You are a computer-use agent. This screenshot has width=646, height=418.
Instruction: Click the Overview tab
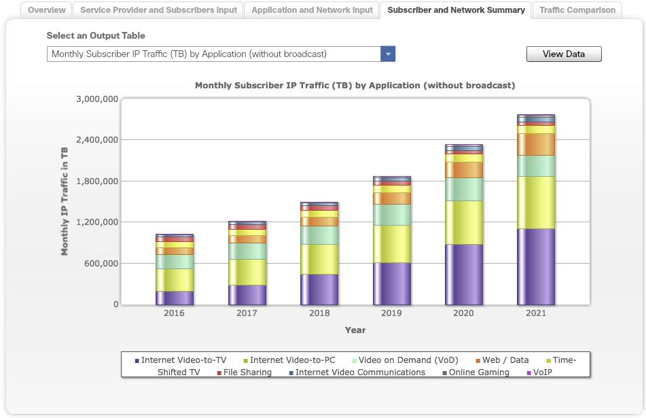point(47,10)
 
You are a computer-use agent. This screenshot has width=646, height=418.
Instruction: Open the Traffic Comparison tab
point(577,10)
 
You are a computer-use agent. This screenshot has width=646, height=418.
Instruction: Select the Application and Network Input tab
point(312,10)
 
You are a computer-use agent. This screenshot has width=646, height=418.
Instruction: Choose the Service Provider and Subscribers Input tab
point(159,10)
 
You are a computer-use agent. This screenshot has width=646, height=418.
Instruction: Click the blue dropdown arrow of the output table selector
point(388,54)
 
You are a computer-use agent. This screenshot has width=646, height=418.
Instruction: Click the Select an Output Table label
point(96,35)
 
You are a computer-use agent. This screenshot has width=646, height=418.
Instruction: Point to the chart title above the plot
point(355,86)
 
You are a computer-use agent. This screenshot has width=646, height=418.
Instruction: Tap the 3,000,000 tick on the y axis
point(97,99)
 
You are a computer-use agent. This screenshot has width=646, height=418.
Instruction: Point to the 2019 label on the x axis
point(391,313)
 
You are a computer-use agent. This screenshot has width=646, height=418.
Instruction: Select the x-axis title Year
point(355,330)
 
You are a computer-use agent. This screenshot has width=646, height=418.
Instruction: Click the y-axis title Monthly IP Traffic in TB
point(65,201)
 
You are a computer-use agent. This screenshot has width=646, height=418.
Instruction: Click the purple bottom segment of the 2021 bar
point(536,266)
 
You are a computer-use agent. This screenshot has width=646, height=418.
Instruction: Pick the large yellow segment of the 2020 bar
point(464,222)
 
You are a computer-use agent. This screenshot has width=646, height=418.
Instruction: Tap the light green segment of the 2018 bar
point(319,235)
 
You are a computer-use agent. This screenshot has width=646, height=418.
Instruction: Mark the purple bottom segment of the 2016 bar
point(174,298)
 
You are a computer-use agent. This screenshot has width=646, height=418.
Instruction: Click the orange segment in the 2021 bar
point(536,144)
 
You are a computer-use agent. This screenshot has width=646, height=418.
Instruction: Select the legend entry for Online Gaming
point(479,372)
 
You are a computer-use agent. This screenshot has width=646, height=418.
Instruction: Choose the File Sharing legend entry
point(247,372)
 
